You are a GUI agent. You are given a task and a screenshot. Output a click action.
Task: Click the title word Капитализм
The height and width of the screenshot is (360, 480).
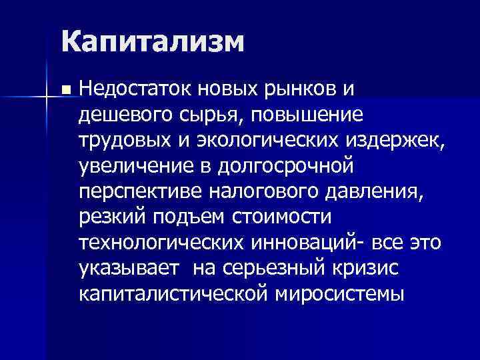click(x=151, y=43)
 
